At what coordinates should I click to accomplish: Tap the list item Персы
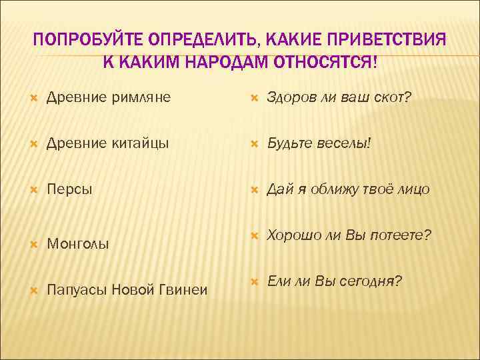69,189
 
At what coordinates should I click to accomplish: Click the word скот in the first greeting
393,98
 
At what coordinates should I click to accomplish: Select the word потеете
401,235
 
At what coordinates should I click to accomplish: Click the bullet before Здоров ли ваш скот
254,99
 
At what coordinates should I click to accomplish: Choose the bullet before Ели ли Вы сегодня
254,282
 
